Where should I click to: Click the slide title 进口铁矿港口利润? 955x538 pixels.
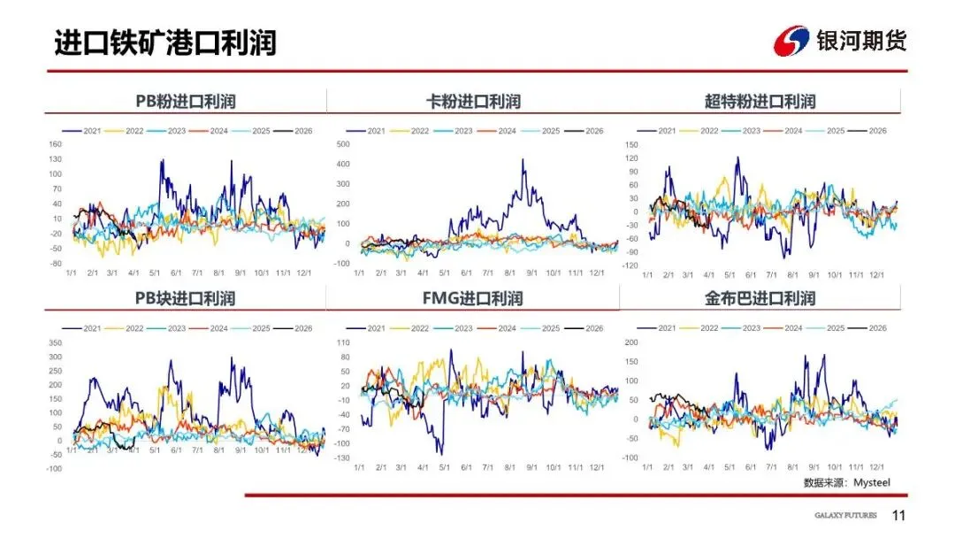pyautogui.click(x=164, y=42)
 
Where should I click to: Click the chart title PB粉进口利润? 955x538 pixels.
pyautogui.click(x=185, y=102)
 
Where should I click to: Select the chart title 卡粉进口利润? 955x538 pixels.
pyautogui.click(x=473, y=102)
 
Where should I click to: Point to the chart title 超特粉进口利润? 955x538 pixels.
pyautogui.click(x=760, y=102)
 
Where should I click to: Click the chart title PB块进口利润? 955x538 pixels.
pyautogui.click(x=185, y=298)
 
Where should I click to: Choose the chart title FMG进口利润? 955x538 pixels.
pyautogui.click(x=473, y=298)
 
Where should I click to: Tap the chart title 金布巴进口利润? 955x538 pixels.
pyautogui.click(x=760, y=298)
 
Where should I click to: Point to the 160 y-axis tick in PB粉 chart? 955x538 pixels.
pyautogui.click(x=55, y=145)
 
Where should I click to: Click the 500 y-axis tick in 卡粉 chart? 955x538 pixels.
pyautogui.click(x=344, y=143)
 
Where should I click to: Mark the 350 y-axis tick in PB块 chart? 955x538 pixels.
pyautogui.click(x=55, y=342)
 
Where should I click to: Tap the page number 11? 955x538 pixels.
pyautogui.click(x=899, y=516)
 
